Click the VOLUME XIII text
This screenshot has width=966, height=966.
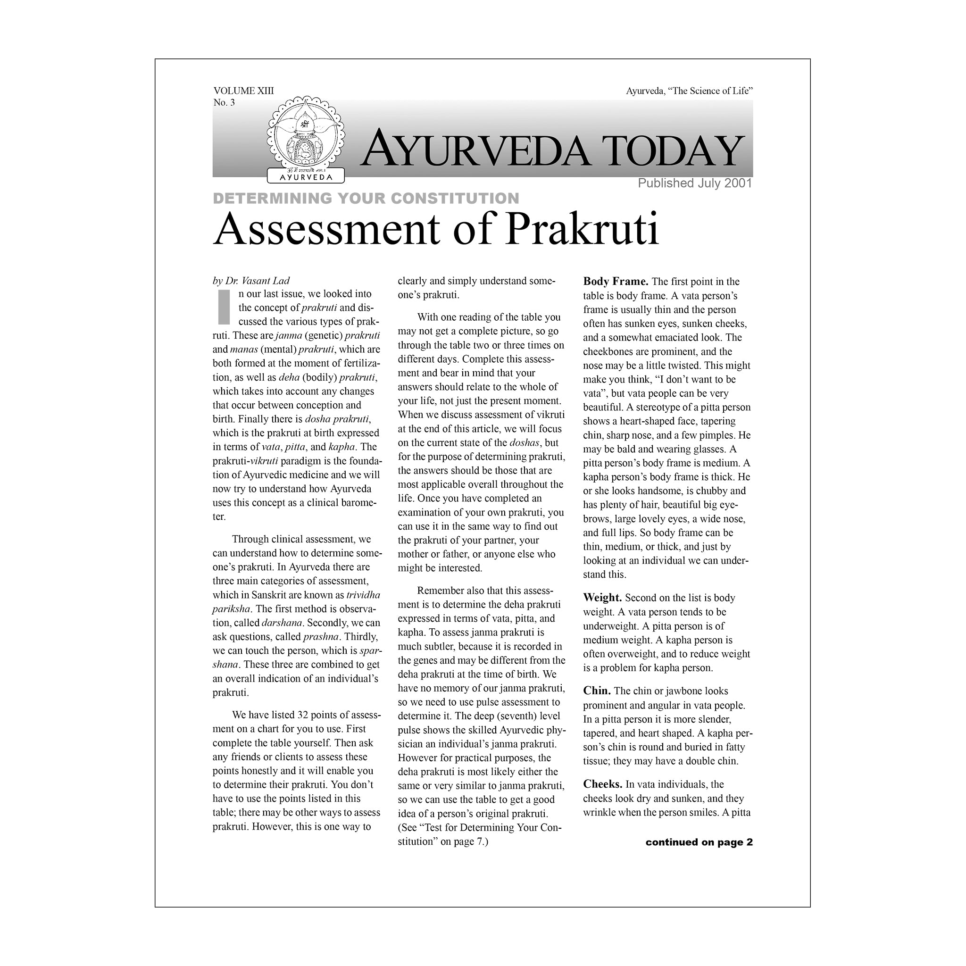(x=243, y=91)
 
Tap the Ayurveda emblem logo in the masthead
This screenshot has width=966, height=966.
(x=306, y=140)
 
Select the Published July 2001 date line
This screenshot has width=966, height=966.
(x=694, y=183)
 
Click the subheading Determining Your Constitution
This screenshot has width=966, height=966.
(x=366, y=199)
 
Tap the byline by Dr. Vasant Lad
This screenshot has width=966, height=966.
(x=251, y=281)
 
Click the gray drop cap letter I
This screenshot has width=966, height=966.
(x=224, y=307)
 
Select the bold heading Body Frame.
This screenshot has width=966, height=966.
(x=615, y=282)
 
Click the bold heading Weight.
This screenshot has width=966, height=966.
(x=602, y=598)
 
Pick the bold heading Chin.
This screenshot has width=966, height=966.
(x=597, y=691)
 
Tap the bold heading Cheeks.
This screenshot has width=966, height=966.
(x=602, y=784)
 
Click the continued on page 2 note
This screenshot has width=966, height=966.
(x=699, y=842)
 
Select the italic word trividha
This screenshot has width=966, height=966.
(x=363, y=595)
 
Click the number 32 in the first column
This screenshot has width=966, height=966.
(x=302, y=715)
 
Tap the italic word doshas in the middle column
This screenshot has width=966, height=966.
(x=524, y=443)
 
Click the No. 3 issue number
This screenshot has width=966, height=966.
(x=224, y=102)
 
